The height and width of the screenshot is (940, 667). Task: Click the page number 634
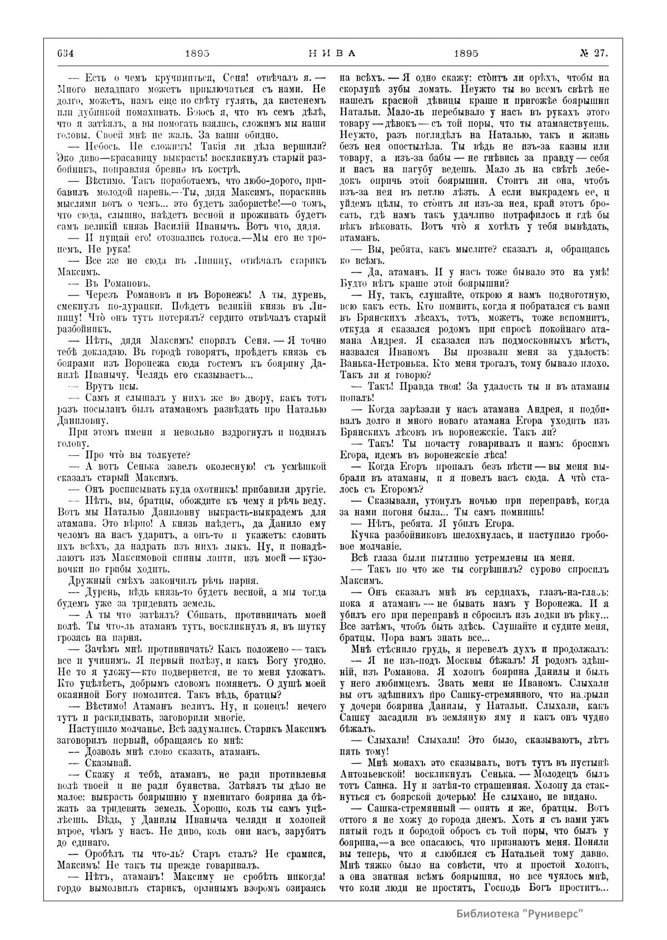pyautogui.click(x=66, y=54)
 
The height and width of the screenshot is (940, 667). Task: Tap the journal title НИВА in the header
pyautogui.click(x=331, y=54)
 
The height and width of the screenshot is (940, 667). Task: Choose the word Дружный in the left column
pyautogui.click(x=87, y=578)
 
